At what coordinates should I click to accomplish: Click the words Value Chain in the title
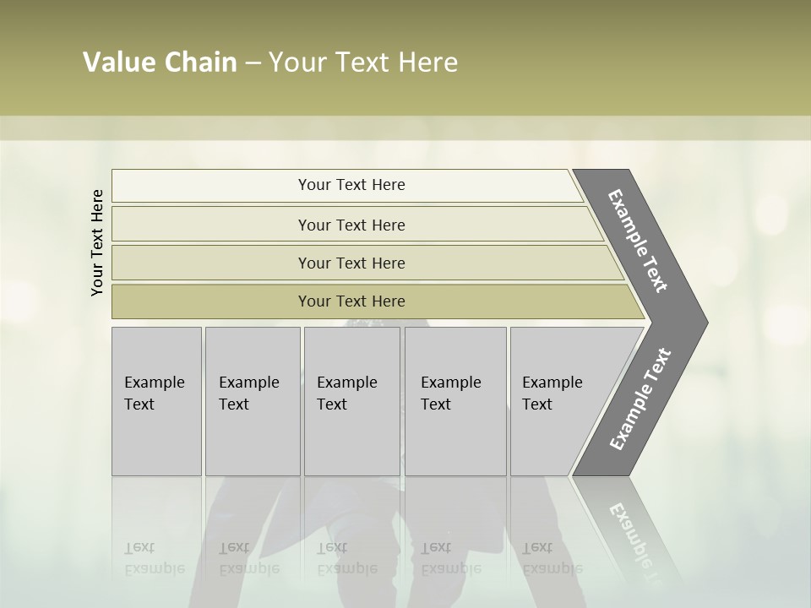coord(160,62)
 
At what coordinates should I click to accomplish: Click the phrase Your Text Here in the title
coord(363,62)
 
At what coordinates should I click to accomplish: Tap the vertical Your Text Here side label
coord(97,242)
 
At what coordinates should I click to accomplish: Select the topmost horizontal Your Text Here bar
coord(351,185)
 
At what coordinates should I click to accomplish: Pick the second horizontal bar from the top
coord(351,225)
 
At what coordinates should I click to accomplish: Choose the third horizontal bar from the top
coord(351,263)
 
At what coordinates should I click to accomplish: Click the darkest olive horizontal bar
coord(351,301)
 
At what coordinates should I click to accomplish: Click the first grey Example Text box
coord(156,401)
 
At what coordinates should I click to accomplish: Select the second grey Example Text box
coord(252,401)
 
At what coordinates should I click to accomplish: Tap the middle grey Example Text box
coord(351,401)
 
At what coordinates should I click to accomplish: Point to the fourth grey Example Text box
coord(454,401)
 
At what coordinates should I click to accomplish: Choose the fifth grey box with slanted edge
coord(562,401)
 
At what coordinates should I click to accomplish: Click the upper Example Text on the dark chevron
coord(638,241)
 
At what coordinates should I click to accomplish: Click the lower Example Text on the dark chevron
coord(640,399)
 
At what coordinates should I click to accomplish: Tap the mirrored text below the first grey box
coord(154,558)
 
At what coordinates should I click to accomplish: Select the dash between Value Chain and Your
coord(252,63)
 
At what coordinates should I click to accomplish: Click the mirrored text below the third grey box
coord(346,558)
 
